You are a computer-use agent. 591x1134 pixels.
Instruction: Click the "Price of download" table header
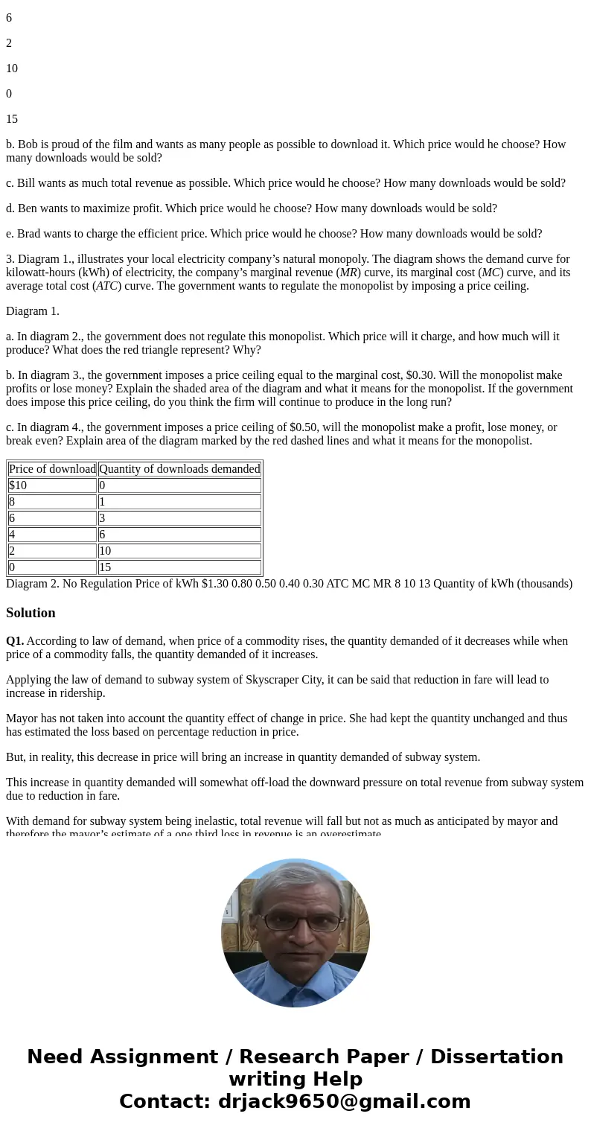(52, 469)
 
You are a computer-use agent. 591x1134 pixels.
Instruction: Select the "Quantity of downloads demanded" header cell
(179, 469)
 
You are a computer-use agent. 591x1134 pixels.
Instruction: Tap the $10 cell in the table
(18, 485)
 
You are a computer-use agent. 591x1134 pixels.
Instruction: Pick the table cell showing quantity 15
(106, 567)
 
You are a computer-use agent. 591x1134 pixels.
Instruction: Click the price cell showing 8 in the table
(13, 502)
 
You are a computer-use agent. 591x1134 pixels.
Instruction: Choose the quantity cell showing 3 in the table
(103, 518)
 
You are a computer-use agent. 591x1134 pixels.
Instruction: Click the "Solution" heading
(31, 613)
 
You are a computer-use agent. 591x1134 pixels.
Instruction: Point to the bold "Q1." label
(15, 641)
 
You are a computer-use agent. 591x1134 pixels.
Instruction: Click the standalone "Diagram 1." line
(33, 311)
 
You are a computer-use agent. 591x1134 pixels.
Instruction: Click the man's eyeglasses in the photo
(301, 922)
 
